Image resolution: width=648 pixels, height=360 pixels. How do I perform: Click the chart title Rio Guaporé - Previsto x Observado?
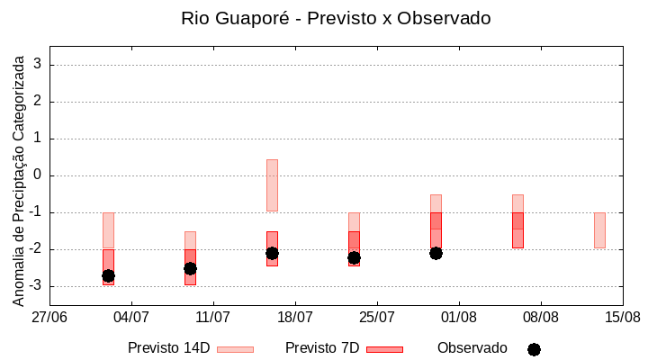coord(336,18)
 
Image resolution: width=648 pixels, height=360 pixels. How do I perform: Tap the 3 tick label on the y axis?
coord(39,65)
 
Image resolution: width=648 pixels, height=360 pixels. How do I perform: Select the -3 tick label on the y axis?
coord(36,286)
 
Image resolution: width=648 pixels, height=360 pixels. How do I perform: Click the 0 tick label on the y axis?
coord(39,175)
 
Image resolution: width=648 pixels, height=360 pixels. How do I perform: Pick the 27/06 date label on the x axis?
coord(49,317)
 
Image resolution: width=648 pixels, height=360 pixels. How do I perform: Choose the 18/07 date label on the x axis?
coord(295,317)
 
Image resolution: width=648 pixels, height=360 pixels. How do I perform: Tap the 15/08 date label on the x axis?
coord(623,317)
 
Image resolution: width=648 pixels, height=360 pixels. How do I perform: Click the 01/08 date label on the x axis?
coord(459,317)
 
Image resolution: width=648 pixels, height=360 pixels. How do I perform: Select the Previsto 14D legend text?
coord(169,348)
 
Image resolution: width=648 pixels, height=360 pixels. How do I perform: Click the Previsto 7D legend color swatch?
coord(384,349)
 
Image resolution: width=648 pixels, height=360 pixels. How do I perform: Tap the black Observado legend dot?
coord(534,349)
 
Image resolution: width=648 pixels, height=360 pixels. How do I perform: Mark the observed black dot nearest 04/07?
coord(108,275)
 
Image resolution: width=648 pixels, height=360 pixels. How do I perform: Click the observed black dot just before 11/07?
coord(190,268)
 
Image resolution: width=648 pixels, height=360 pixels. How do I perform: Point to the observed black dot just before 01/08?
coord(436,253)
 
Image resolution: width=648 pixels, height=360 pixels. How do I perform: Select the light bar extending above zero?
coord(272,184)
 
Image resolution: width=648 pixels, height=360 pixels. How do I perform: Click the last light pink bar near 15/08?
coord(599,229)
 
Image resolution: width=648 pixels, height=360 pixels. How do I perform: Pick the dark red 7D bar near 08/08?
coord(517,229)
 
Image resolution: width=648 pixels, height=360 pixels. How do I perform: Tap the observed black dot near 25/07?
coord(354,257)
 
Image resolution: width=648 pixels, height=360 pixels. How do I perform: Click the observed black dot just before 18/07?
coord(272,253)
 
